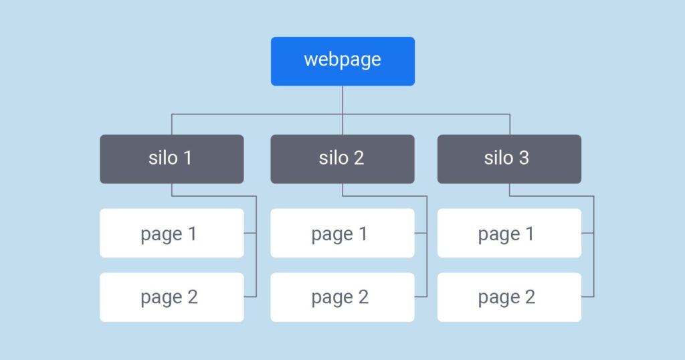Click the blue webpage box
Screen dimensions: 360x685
[x=342, y=61]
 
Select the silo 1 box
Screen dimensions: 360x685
[x=171, y=159]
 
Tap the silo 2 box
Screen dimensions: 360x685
[x=342, y=159]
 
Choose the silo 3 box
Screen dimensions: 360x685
[x=509, y=159]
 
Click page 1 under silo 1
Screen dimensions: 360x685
[x=171, y=233]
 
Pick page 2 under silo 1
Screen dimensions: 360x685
[x=171, y=297]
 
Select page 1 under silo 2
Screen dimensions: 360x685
[x=342, y=233]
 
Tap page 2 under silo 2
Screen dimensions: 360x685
[x=342, y=297]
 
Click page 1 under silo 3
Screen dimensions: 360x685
[x=509, y=233]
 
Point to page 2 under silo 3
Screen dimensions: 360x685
[x=509, y=297]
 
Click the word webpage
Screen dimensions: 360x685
[x=342, y=60]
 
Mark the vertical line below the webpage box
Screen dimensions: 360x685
[x=342, y=100]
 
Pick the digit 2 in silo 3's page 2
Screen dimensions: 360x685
[x=530, y=297]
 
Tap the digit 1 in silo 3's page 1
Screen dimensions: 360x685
[x=529, y=234]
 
